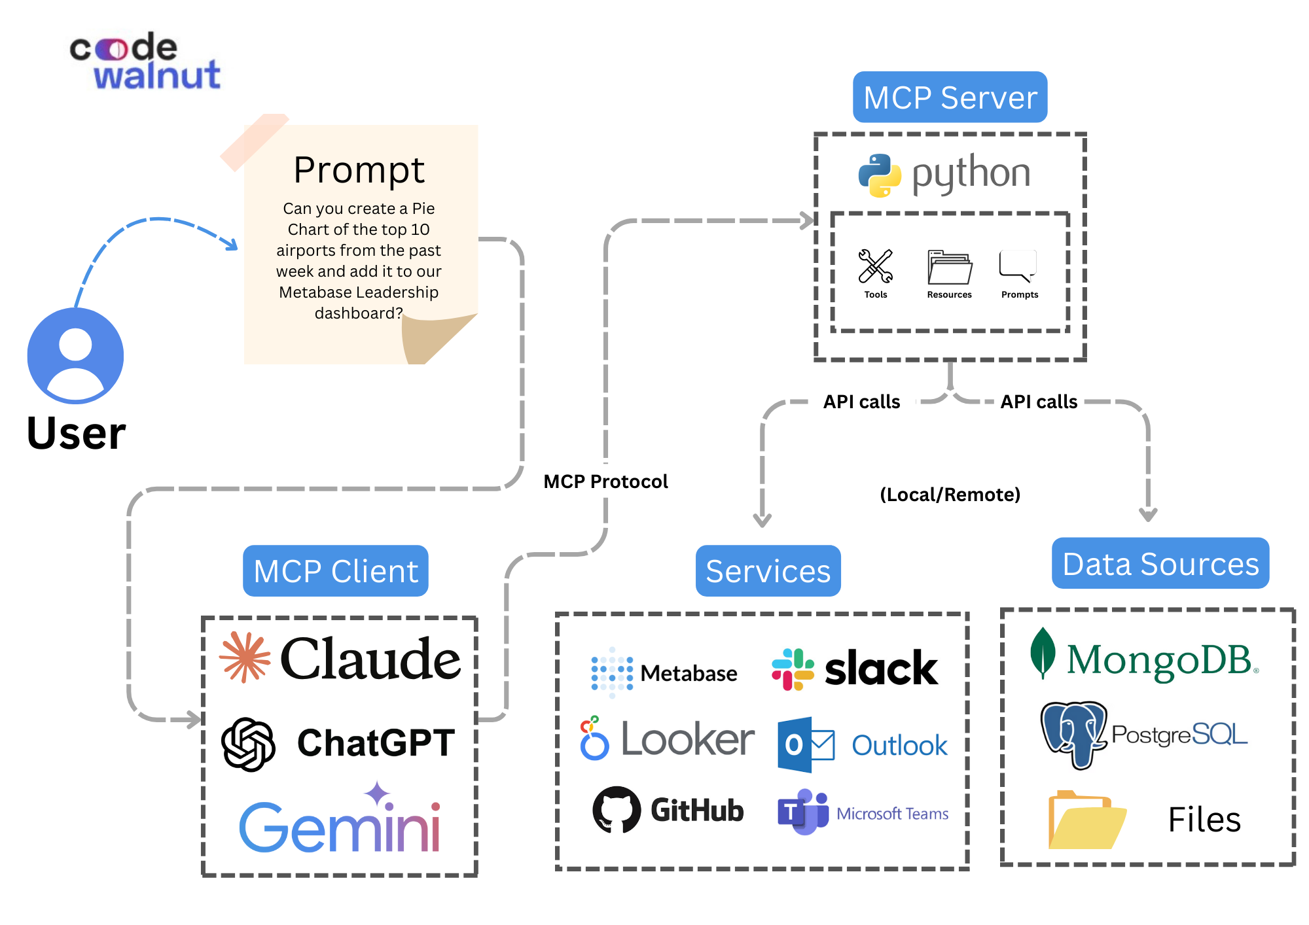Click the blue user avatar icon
[x=75, y=355]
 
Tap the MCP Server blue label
[x=950, y=97]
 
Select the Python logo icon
[x=880, y=175]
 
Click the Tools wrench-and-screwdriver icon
[x=875, y=266]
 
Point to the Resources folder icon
[x=950, y=267]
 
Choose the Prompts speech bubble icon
[x=1018, y=266]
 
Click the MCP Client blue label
[x=336, y=571]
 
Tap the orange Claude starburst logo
[x=245, y=657]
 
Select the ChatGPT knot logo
[x=248, y=744]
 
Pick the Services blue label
[x=768, y=571]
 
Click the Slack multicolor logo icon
[x=793, y=669]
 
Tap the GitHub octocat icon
[x=617, y=810]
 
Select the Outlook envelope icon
[x=806, y=744]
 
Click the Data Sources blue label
[x=1160, y=564]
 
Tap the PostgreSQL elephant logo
[x=1074, y=735]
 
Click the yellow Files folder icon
[x=1086, y=820]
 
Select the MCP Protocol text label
[x=605, y=482]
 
